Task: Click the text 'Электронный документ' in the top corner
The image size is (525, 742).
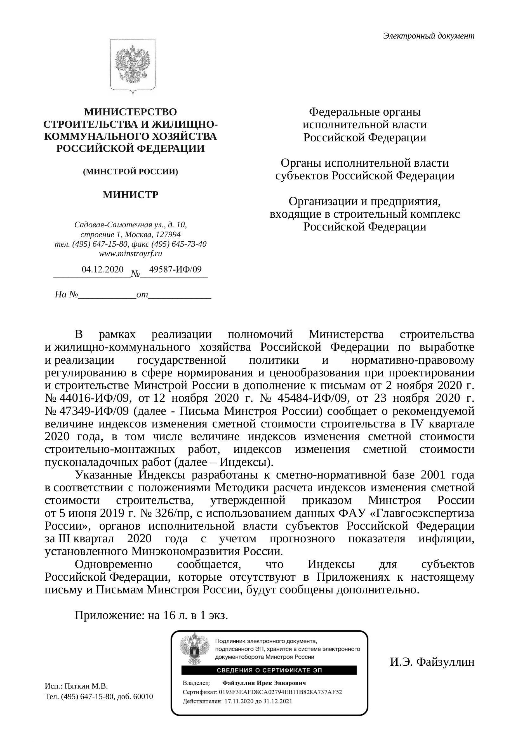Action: pyautogui.click(x=429, y=36)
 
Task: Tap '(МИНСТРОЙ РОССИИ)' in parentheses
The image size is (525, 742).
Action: pyautogui.click(x=131, y=172)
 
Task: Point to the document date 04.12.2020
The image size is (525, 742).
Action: pyautogui.click(x=102, y=269)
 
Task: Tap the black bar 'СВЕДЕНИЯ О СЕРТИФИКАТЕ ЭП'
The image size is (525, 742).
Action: pyautogui.click(x=269, y=670)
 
